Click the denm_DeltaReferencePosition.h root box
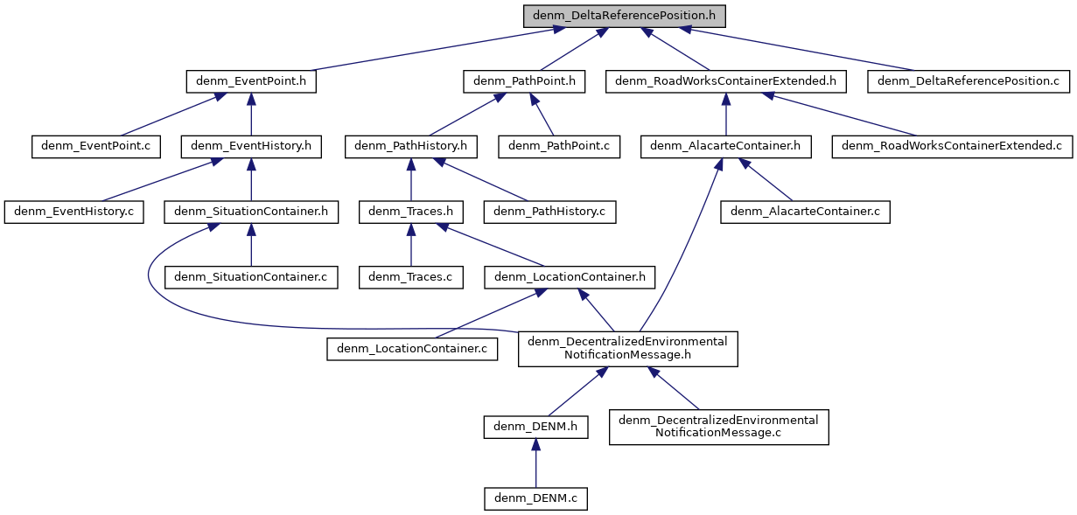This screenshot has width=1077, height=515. (x=625, y=16)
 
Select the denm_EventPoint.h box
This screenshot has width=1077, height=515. (x=251, y=81)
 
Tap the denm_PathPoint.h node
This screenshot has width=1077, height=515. (x=524, y=81)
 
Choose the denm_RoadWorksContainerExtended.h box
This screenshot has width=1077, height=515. (x=726, y=81)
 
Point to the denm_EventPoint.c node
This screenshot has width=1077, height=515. (x=96, y=146)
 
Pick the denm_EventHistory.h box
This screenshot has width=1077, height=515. (x=251, y=146)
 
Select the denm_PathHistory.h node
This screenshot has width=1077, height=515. (x=410, y=146)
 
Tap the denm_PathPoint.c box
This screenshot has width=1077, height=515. (x=559, y=146)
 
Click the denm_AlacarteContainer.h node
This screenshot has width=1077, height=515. (x=726, y=146)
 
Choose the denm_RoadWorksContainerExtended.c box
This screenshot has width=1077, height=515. (x=953, y=146)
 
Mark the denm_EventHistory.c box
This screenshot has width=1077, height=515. (x=73, y=211)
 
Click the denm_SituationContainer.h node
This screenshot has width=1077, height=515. (x=251, y=211)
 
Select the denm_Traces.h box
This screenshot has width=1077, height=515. (x=410, y=211)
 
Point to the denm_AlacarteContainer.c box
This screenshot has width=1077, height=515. (x=805, y=211)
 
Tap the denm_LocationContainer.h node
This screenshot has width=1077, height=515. (x=570, y=277)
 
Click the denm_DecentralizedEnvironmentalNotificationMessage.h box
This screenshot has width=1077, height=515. (x=627, y=348)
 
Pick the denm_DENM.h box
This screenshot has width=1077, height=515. (x=535, y=427)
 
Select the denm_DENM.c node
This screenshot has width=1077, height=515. (x=535, y=498)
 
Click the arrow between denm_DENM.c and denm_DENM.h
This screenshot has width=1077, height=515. (x=535, y=463)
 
